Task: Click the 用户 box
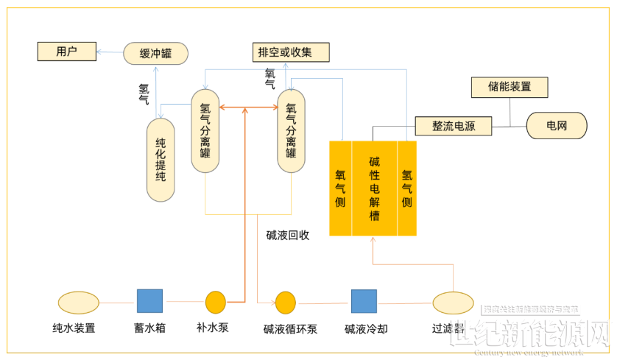(x=66, y=52)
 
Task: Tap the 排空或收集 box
(x=285, y=52)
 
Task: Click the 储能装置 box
(x=510, y=87)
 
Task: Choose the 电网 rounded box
(x=557, y=126)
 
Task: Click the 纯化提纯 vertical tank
(x=161, y=160)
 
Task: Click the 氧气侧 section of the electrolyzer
(x=340, y=188)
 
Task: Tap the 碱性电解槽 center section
(x=374, y=188)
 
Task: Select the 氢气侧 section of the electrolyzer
(x=406, y=188)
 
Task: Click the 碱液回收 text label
(x=288, y=236)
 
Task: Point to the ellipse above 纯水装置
(x=79, y=302)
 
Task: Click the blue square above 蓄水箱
(x=149, y=301)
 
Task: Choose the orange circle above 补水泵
(x=215, y=302)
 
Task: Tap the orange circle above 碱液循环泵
(x=285, y=302)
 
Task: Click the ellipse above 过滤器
(x=453, y=303)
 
